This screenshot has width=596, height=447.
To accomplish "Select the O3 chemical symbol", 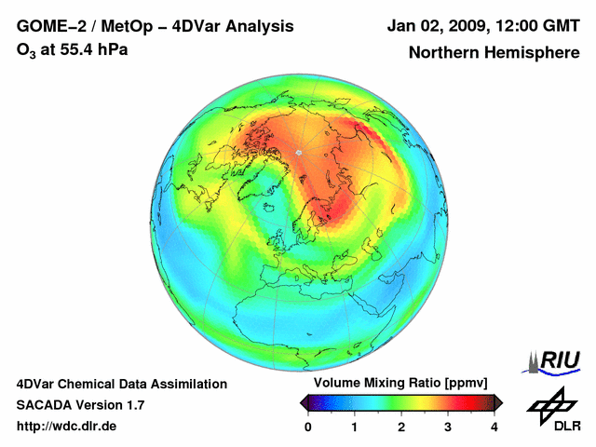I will click(25, 50).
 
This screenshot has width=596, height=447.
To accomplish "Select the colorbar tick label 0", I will click(308, 427).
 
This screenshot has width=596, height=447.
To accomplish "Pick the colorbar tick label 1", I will click(355, 427).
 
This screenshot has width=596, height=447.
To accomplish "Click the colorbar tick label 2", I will click(401, 427).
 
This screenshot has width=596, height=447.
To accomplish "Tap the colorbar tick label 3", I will click(448, 427).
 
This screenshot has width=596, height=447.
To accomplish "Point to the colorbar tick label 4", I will click(494, 427).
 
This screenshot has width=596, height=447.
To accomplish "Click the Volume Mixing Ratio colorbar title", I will click(400, 384).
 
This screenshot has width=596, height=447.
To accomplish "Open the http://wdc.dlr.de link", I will click(67, 427).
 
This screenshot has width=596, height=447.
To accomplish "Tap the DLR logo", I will click(553, 410).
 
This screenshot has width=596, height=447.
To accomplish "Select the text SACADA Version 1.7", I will click(80, 405).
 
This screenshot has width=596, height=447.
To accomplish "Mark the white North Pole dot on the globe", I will click(298, 152).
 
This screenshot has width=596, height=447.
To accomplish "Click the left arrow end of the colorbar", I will click(304, 402).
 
